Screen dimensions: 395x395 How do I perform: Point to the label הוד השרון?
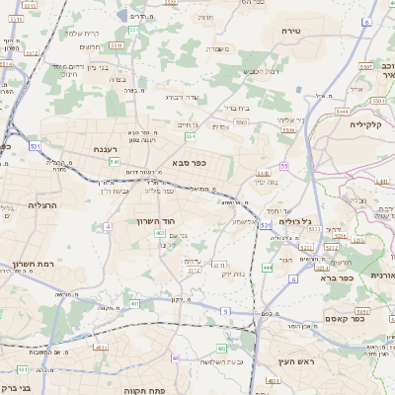155,220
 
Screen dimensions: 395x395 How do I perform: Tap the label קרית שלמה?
79,33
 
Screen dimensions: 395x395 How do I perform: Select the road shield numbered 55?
283,166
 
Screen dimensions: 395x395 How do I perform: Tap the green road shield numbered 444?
268,268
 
